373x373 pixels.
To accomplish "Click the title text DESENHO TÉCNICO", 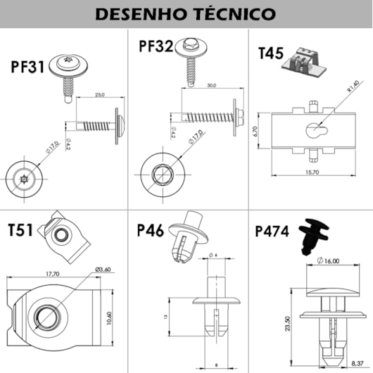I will click(186, 13).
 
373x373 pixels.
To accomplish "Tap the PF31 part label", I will click(28, 67).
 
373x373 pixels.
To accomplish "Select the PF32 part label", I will click(156, 47).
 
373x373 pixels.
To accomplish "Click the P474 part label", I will click(272, 231).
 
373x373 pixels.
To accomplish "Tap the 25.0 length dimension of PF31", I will click(99, 94).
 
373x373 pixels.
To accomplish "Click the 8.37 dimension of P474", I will click(358, 362).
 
